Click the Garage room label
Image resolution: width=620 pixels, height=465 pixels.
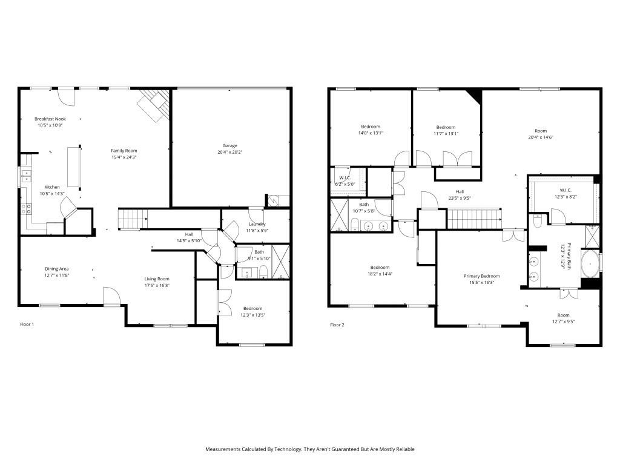(x=229, y=145)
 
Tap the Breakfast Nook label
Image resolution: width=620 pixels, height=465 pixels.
(x=50, y=119)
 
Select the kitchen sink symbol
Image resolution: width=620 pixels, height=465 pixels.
(x=27, y=176)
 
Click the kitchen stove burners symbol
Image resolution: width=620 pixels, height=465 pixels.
(x=27, y=209)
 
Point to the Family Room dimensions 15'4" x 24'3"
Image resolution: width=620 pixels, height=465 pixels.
(x=124, y=157)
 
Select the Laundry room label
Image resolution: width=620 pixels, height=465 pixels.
(x=257, y=224)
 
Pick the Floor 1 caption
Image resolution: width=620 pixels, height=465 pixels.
(x=27, y=325)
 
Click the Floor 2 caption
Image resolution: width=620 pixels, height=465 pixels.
(x=337, y=325)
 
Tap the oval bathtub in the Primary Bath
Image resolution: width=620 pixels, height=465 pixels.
(x=590, y=264)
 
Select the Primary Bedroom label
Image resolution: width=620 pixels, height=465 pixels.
(x=481, y=276)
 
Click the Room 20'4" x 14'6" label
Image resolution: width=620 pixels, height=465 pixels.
(x=540, y=134)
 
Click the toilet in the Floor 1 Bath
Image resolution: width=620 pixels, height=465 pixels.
(x=263, y=271)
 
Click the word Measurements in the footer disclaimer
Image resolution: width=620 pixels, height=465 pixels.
(x=223, y=449)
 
